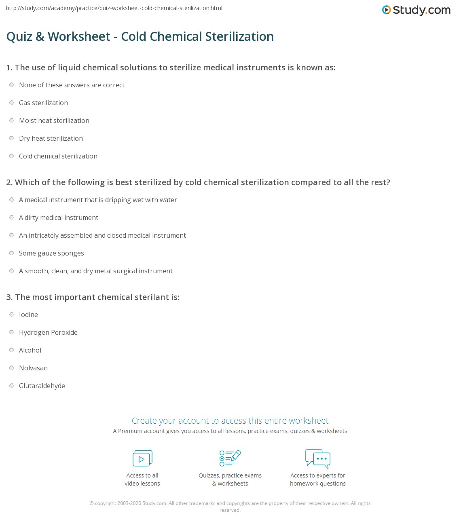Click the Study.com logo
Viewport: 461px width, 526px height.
point(416,10)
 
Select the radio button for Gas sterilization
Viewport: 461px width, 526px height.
point(12,103)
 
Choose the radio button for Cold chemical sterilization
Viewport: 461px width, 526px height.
point(12,156)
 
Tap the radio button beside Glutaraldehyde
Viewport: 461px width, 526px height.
point(12,386)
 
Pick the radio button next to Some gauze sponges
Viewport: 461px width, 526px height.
point(12,253)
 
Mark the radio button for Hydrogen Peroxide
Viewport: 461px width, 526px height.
point(12,332)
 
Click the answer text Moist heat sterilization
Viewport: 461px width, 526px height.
point(54,120)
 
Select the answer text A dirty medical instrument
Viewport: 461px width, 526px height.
point(59,218)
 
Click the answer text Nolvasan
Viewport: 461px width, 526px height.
point(33,368)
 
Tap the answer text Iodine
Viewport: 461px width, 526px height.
point(28,315)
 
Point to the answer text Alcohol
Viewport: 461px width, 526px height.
point(30,350)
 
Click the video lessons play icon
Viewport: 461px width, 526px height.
point(142,458)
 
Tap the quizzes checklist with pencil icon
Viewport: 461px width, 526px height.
point(230,458)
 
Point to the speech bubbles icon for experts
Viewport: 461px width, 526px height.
point(318,458)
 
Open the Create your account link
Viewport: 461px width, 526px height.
point(230,420)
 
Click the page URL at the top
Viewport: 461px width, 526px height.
point(114,8)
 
